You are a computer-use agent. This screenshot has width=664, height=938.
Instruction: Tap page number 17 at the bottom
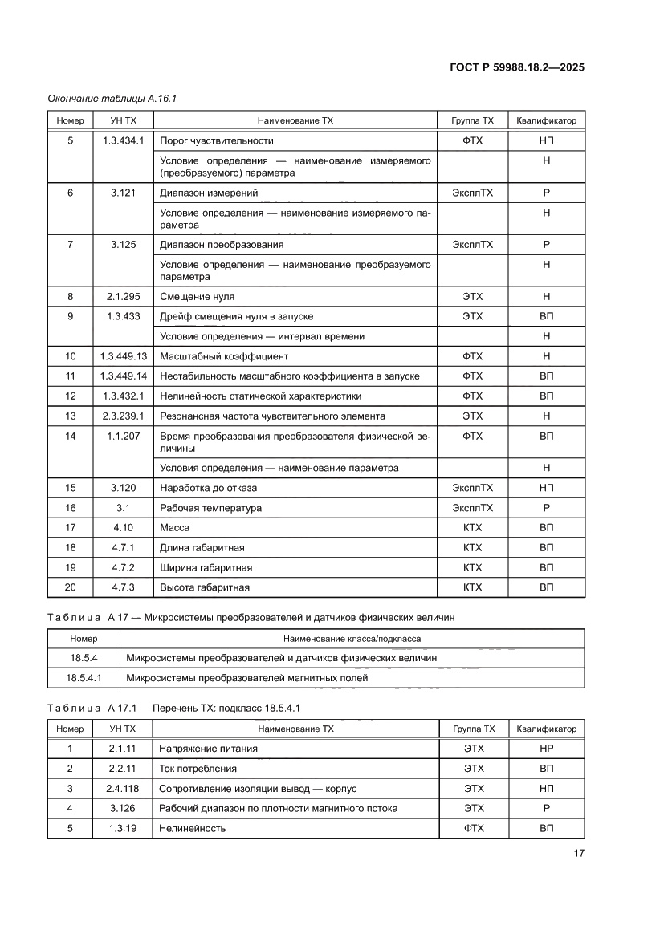coord(579,853)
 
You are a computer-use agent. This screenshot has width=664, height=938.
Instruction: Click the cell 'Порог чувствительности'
coord(217,140)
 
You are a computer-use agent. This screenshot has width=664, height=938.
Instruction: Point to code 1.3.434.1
coord(123,140)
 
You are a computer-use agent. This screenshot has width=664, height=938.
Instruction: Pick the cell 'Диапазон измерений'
coord(209,193)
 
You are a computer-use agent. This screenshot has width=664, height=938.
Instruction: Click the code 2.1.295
coord(123,296)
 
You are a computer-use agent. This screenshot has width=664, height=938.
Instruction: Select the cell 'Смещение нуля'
coord(197,296)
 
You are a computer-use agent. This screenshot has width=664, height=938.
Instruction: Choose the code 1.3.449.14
coord(123,376)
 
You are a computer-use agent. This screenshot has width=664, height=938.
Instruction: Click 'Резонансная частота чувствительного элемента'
coord(272,416)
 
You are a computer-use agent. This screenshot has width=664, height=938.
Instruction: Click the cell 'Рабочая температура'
coord(210,507)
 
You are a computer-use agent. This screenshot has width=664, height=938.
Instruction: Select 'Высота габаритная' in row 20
coord(205,587)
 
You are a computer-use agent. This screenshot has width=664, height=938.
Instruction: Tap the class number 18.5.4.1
coord(84,677)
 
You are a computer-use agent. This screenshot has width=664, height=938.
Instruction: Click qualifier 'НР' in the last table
coord(546,748)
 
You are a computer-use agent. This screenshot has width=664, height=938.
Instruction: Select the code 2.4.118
coord(123,788)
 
